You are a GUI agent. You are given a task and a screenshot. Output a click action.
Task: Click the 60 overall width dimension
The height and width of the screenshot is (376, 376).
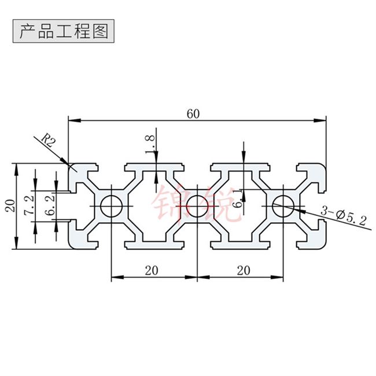pyautogui.click(x=193, y=113)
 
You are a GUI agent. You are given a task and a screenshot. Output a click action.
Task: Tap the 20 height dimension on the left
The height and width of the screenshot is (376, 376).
pyautogui.click(x=10, y=206)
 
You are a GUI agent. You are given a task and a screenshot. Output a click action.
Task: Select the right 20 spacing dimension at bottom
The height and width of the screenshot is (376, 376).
pyautogui.click(x=239, y=270)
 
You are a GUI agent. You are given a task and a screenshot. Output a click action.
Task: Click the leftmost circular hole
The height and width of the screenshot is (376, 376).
pyautogui.click(x=110, y=206)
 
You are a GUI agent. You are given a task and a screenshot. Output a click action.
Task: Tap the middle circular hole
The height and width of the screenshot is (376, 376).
pyautogui.click(x=197, y=206)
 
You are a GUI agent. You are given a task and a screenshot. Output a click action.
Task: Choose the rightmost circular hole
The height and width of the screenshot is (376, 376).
pyautogui.click(x=283, y=206)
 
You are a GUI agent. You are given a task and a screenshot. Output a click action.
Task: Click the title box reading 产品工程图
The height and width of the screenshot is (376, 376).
pyautogui.click(x=64, y=31)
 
